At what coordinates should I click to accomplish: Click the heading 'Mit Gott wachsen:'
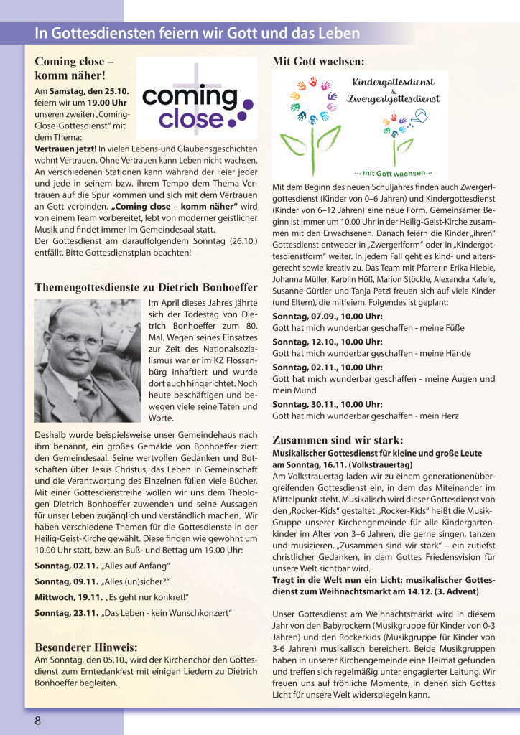tap(318, 62)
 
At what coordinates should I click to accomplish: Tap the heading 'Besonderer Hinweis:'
tap(86, 646)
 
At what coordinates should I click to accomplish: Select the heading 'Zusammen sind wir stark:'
tap(338, 440)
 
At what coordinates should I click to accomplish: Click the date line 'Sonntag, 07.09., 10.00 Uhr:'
tap(327, 317)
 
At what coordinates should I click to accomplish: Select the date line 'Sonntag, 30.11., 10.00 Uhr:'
tap(327, 404)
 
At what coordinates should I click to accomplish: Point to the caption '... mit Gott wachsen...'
tap(394, 173)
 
